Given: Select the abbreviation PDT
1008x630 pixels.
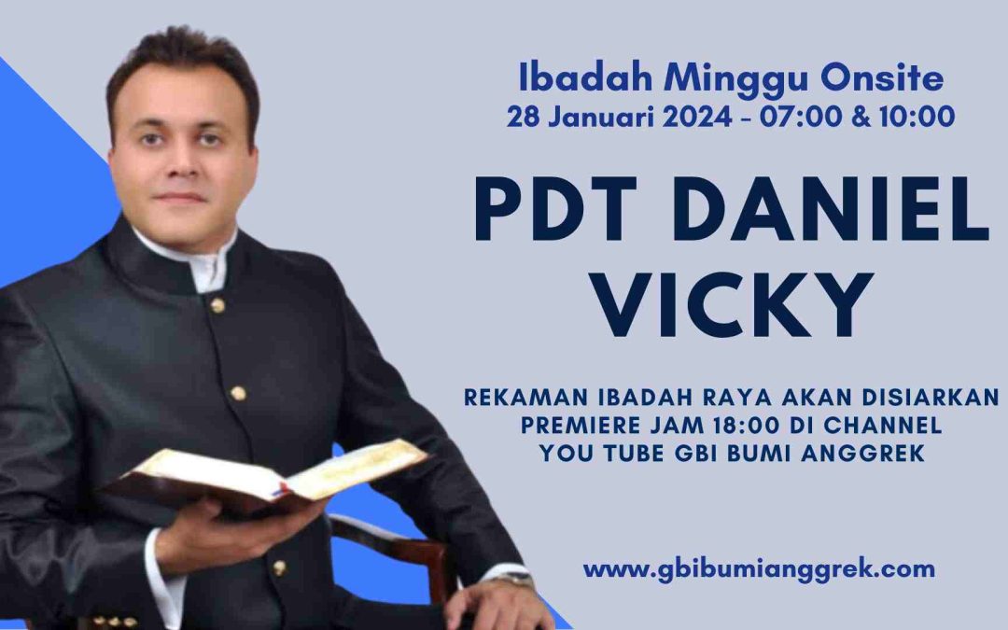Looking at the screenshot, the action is pyautogui.click(x=556, y=208).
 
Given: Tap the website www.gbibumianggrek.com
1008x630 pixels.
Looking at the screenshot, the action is pyautogui.click(x=759, y=570).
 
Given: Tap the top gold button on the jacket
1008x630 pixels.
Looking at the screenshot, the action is pyautogui.click(x=217, y=305).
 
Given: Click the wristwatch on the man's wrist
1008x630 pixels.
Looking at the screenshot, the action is pyautogui.click(x=514, y=578).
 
